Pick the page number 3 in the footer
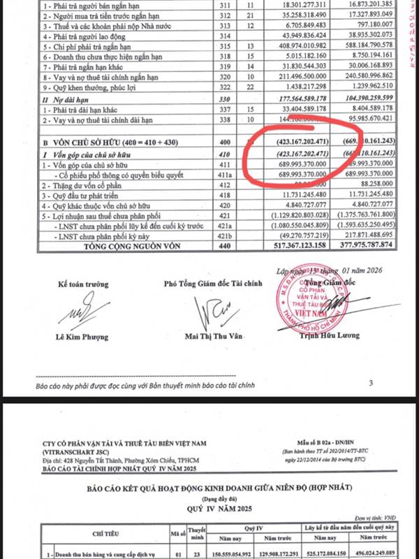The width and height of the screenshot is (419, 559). [371, 383]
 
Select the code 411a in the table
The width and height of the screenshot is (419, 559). [226, 172]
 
